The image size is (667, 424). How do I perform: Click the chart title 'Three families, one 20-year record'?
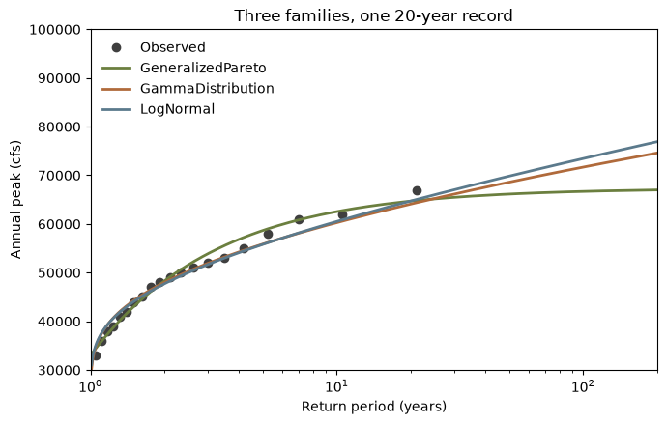[373, 15]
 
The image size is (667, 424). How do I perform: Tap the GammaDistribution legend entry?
[188, 88]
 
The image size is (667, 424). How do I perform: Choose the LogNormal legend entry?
[158, 109]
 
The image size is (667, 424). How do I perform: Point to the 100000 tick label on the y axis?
[55, 30]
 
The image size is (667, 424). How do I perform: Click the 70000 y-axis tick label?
[59, 176]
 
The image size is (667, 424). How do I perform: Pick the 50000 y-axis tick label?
[59, 272]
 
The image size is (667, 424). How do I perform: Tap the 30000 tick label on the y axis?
[59, 370]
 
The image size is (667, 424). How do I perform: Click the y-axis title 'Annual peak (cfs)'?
[15, 200]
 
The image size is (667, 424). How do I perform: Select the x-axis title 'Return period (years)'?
[374, 407]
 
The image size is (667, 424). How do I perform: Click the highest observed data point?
[417, 191]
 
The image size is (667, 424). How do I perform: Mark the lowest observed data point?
[96, 355]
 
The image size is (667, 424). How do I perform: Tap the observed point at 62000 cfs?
[342, 214]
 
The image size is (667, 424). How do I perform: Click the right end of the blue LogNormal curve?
[657, 141]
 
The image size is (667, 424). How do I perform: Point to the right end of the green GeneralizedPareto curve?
[657, 189]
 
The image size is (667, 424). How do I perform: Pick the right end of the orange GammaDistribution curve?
[657, 153]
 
